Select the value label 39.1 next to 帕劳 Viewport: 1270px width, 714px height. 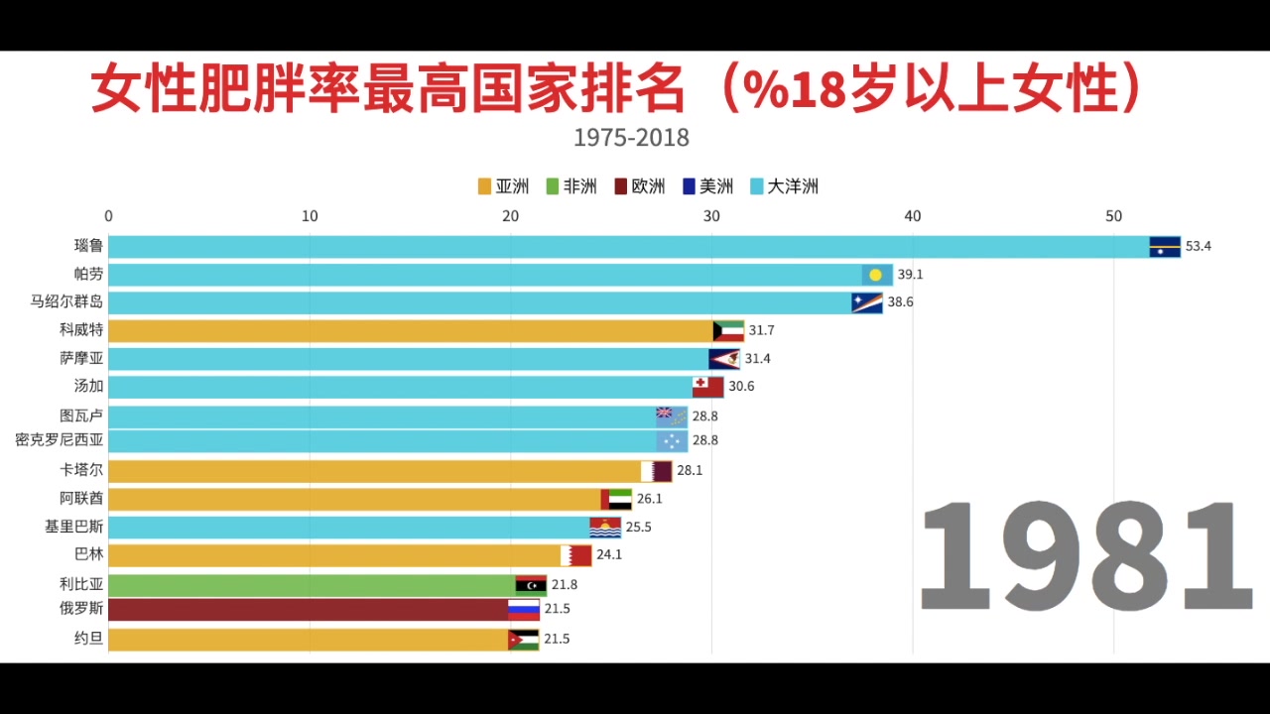pos(910,275)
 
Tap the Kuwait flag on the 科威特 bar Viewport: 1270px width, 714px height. pos(728,331)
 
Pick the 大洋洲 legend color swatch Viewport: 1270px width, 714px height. pos(757,186)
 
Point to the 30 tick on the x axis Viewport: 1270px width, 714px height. pos(710,216)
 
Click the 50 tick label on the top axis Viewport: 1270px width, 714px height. pos(1113,216)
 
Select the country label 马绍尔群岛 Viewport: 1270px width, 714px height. pos(66,302)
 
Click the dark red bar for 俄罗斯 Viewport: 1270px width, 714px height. pos(308,609)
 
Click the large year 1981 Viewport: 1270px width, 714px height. pos(1086,557)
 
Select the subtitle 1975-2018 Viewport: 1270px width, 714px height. pos(631,137)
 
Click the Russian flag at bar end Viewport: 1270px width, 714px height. pos(524,610)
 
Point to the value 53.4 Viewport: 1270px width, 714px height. pos(1199,247)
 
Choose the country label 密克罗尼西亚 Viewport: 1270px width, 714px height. pos(60,440)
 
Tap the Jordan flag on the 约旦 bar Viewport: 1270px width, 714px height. pos(524,640)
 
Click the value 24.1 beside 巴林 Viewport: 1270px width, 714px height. pos(608,555)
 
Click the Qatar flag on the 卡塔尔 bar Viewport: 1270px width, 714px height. pos(657,471)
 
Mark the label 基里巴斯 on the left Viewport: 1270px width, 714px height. pos(73,527)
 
